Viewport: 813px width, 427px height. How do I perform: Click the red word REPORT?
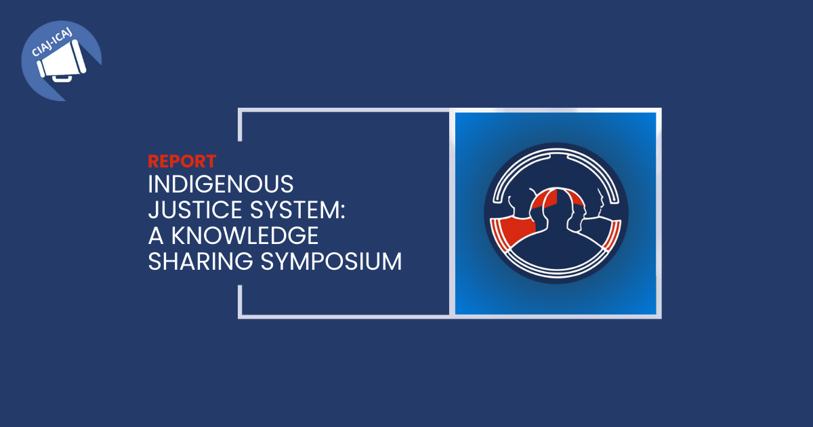tap(182, 161)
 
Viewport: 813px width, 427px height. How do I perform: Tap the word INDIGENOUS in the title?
tap(221, 184)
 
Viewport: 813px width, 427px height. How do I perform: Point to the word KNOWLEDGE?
tap(245, 236)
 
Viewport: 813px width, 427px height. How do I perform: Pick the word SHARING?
tap(201, 262)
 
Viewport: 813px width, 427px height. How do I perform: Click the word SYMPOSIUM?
tap(331, 262)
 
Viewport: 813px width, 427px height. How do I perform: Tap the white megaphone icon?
tap(62, 60)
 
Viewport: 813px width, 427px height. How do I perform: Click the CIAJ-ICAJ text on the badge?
tap(51, 43)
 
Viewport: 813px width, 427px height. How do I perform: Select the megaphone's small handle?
tap(62, 79)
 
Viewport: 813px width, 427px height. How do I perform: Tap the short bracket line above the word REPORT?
tap(240, 125)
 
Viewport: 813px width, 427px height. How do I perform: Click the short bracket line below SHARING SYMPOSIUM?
tap(240, 302)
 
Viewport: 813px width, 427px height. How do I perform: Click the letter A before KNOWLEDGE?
tap(156, 236)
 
